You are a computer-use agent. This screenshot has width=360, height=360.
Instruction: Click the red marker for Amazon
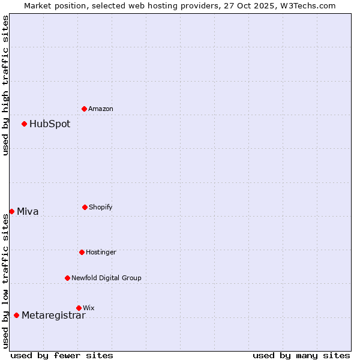tap(84, 109)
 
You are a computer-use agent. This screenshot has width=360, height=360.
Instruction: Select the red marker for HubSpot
tap(24, 124)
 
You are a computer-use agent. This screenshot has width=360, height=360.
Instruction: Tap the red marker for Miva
tap(11, 211)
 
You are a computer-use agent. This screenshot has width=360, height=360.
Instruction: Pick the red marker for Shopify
tap(85, 207)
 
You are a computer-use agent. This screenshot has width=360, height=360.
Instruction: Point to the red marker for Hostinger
tap(82, 252)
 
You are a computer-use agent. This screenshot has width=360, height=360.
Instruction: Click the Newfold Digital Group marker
tap(67, 278)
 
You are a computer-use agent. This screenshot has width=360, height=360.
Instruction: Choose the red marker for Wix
tap(79, 308)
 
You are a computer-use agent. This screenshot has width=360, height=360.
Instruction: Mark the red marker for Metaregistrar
tap(16, 315)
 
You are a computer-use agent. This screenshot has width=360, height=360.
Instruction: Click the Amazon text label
tap(101, 109)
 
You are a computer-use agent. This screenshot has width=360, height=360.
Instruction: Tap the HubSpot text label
tap(50, 124)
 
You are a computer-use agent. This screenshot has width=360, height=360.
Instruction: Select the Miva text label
tap(28, 211)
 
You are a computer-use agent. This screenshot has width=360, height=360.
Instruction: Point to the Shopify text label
tap(101, 207)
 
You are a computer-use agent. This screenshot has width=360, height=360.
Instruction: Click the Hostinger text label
tap(101, 252)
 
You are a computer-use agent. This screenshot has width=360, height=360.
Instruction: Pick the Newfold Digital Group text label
tap(106, 278)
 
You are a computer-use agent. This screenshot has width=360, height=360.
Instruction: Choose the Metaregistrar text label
tap(53, 316)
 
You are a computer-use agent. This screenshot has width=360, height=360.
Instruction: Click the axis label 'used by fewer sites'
tap(62, 355)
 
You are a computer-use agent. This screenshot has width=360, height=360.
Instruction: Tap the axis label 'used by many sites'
tap(301, 355)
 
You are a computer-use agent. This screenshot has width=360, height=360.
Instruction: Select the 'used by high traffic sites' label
tap(5, 85)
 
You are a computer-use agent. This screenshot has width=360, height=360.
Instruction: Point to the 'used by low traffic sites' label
tap(5, 281)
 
